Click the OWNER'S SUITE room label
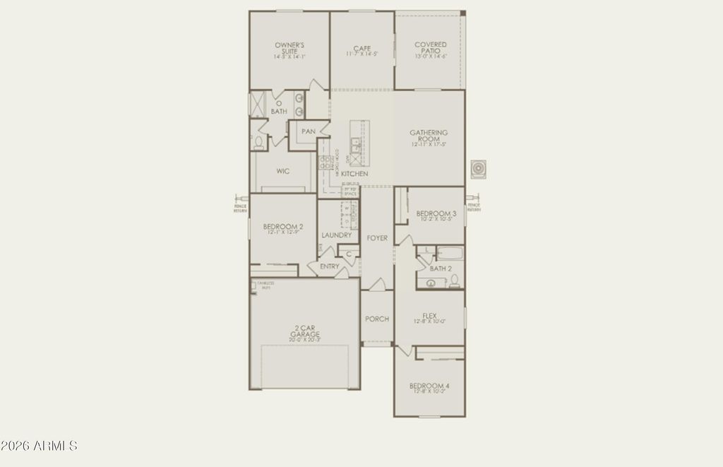(x=289, y=48)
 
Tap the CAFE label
(x=362, y=49)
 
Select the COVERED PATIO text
(x=431, y=48)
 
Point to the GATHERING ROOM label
(x=429, y=136)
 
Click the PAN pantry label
(x=308, y=131)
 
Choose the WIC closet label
(x=283, y=171)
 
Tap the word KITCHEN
(x=354, y=174)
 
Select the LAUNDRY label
(x=336, y=235)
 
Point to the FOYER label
(x=377, y=238)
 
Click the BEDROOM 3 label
(x=436, y=213)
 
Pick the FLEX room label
(x=429, y=316)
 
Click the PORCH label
(x=377, y=319)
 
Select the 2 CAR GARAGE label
(x=305, y=332)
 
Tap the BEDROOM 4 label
(x=429, y=386)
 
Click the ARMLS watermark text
(x=39, y=446)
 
